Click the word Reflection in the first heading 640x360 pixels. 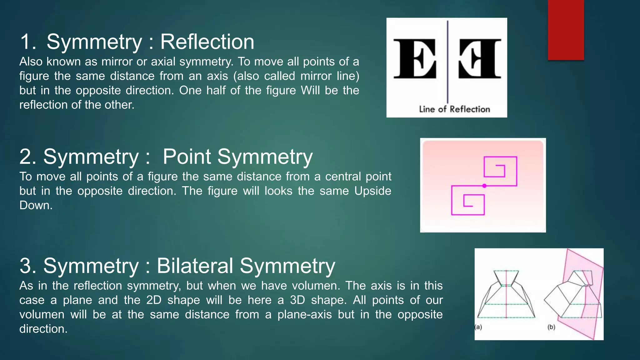click(207, 42)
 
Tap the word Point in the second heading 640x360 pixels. click(187, 157)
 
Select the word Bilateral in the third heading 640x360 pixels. click(195, 266)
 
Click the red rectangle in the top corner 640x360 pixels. click(566, 30)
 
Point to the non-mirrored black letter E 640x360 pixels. click(415, 58)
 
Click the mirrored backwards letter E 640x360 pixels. click(480, 58)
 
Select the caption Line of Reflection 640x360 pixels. click(454, 109)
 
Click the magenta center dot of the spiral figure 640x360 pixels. click(484, 186)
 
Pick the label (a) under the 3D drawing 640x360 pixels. click(478, 327)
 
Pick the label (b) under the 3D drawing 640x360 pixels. click(551, 327)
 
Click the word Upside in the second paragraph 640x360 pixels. click(372, 191)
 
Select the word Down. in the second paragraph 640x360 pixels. click(36, 205)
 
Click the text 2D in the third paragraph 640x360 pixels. click(154, 300)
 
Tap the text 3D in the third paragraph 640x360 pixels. click(297, 300)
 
